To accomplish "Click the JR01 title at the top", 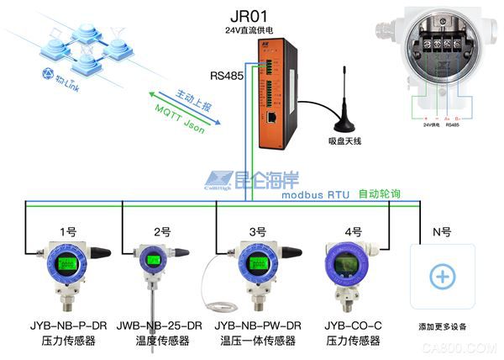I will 252,16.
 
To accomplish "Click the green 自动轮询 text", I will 379,194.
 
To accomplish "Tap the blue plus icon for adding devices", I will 442,277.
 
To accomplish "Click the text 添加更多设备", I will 442,325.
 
